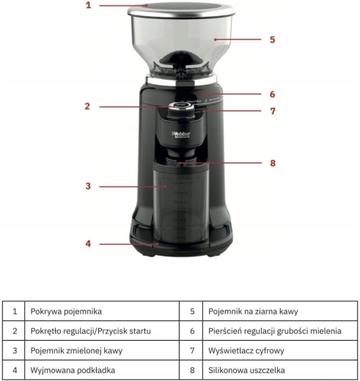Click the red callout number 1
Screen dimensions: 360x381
pos(89,5)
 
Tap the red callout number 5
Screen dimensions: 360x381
pos(273,40)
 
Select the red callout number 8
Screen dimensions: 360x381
pos(273,163)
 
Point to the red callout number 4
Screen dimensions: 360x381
pos(88,243)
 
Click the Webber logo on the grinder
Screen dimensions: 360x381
pos(181,135)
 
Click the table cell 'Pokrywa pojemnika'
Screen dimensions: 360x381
pos(102,311)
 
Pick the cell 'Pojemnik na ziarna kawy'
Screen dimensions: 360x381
pos(280,311)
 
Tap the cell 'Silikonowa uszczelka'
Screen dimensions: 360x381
pos(280,370)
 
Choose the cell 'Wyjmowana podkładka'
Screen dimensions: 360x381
pos(102,370)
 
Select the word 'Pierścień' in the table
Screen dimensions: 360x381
pos(224,331)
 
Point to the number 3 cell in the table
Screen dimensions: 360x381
pos(14,350)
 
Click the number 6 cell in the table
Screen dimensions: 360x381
pos(191,331)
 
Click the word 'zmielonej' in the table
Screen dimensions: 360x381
pos(83,351)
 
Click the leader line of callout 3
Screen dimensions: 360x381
pos(133,187)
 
